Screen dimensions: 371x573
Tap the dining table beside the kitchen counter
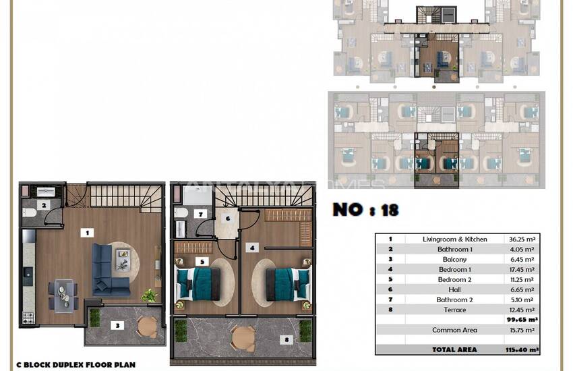pyautogui.click(x=62, y=291)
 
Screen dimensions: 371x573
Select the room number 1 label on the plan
pyautogui.click(x=86, y=232)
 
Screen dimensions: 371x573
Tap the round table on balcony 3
pyautogui.click(x=146, y=326)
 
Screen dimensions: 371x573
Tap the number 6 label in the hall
pyautogui.click(x=227, y=218)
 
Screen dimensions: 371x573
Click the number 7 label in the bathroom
pyautogui.click(x=200, y=214)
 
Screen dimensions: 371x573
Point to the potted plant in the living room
pyautogui.click(x=148, y=295)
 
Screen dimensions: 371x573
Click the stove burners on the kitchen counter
pyautogui.click(x=28, y=315)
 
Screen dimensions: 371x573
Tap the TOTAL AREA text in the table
pyautogui.click(x=454, y=349)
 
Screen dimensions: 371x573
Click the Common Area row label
pyautogui.click(x=454, y=330)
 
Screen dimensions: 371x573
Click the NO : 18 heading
pyautogui.click(x=365, y=210)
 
